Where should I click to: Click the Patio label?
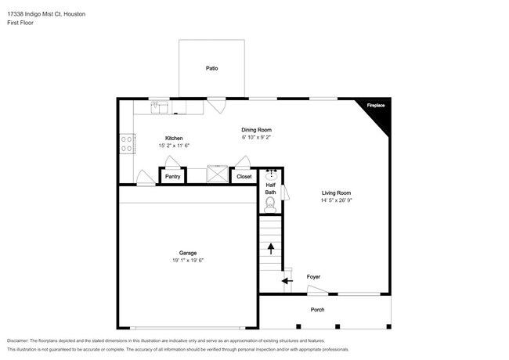[211, 69]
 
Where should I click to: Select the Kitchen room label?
[173, 138]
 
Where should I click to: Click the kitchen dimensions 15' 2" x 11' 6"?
[174, 146]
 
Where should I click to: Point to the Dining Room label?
[256, 130]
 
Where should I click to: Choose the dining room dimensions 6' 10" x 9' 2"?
[256, 138]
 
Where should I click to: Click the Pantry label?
[173, 177]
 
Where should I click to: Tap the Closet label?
[244, 177]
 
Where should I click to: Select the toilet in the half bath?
[271, 205]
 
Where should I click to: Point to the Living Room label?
[336, 193]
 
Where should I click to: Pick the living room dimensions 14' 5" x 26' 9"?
[336, 200]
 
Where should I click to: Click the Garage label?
[187, 253]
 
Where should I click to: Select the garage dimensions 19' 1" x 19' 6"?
[187, 261]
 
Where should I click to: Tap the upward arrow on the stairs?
[271, 249]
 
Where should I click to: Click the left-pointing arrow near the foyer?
[287, 280]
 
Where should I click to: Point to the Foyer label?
[313, 277]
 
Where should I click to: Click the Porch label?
[317, 308]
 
